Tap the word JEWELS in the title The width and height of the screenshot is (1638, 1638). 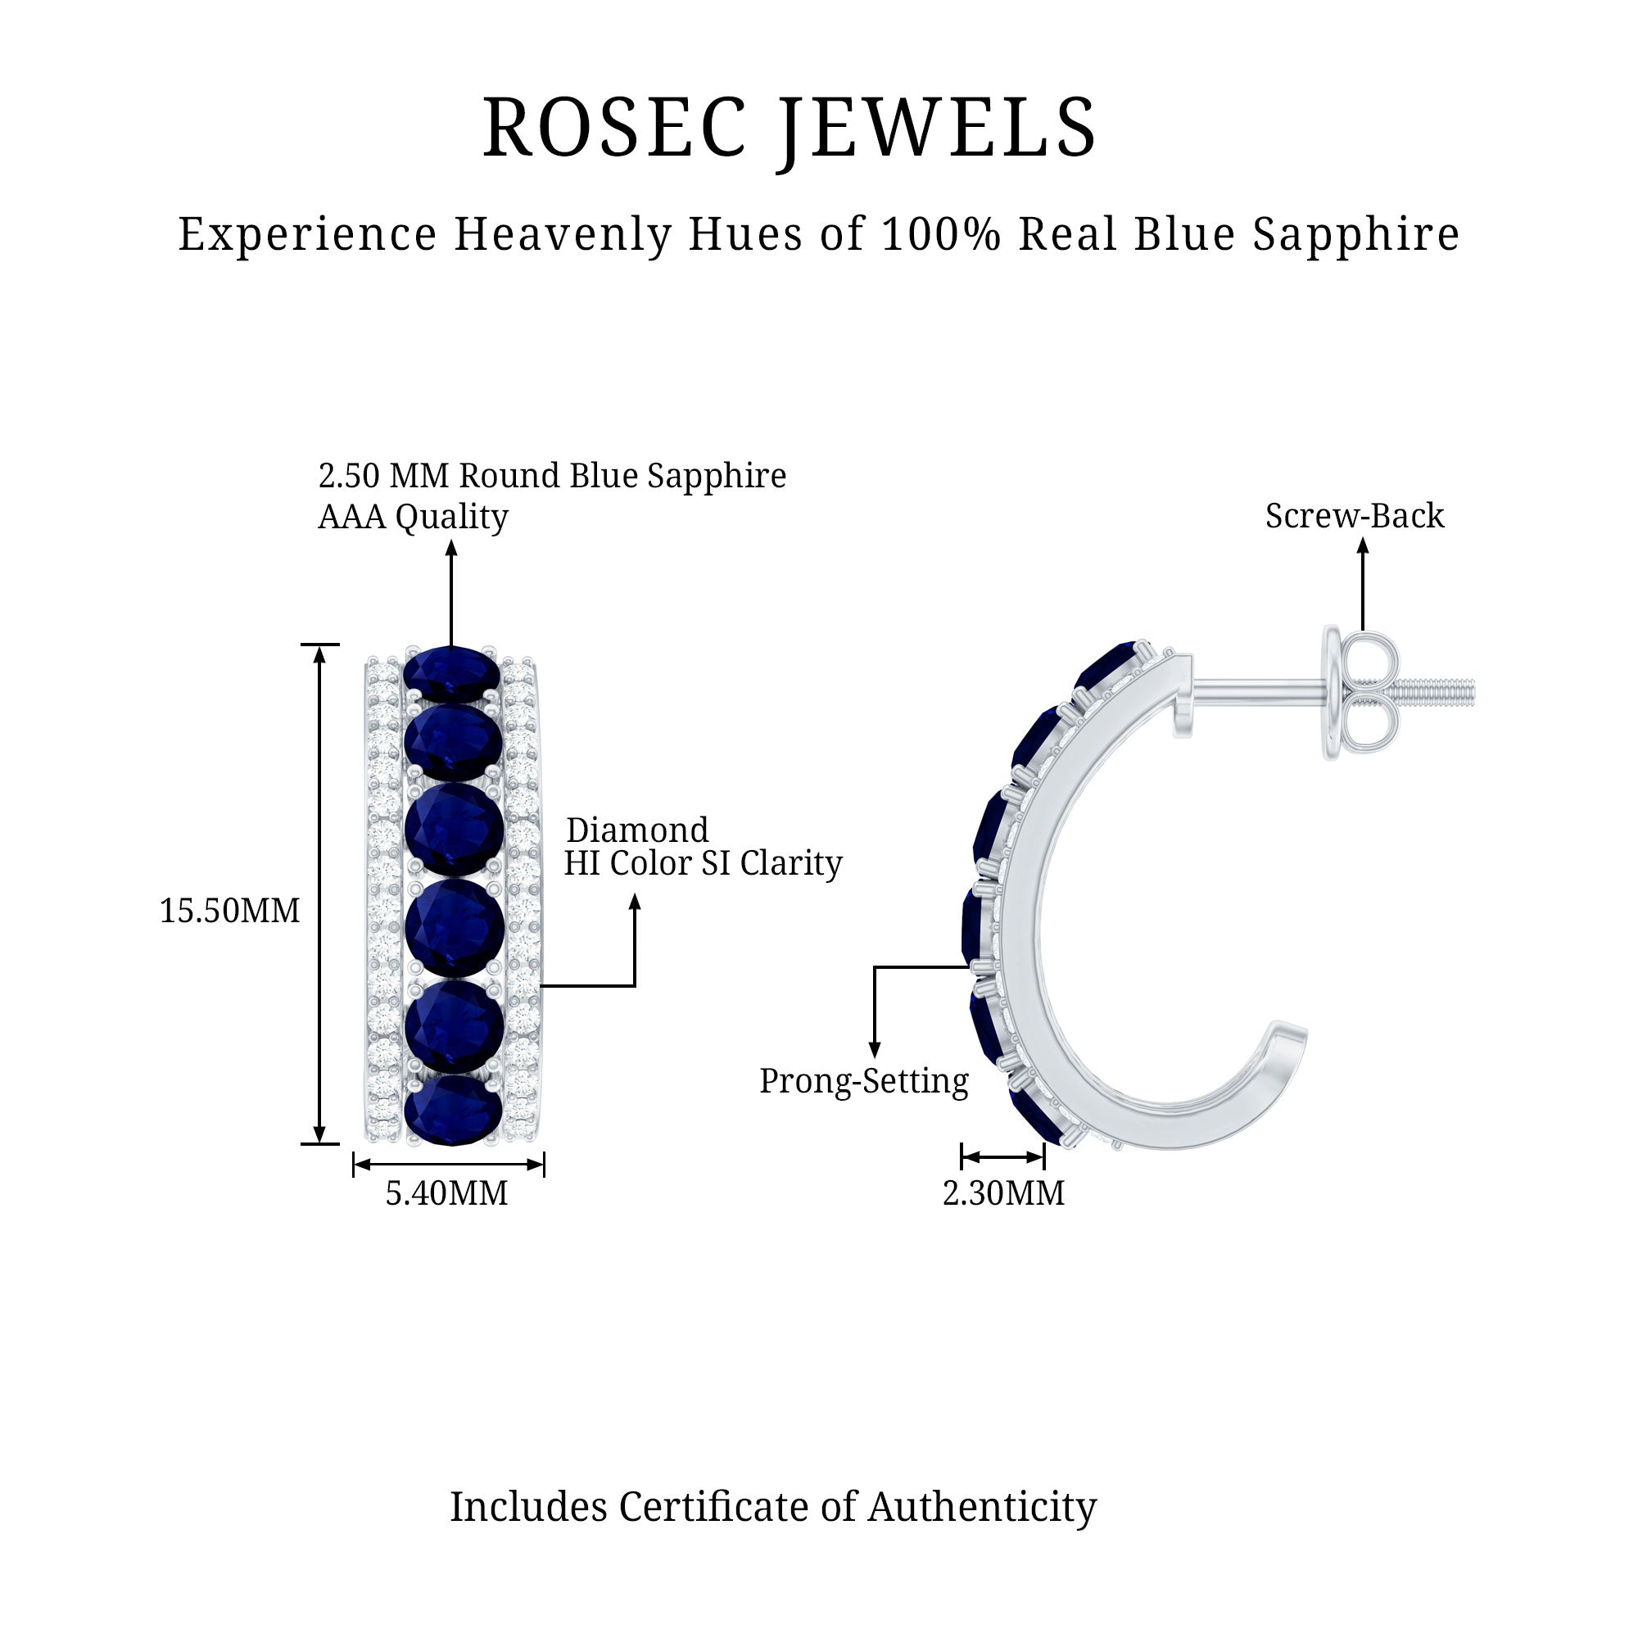(x=939, y=128)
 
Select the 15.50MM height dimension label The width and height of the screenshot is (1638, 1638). (x=230, y=912)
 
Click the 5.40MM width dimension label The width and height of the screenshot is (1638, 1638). (x=447, y=1194)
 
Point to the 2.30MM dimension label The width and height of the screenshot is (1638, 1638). (x=1003, y=1194)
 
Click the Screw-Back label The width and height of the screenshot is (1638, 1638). (x=1354, y=516)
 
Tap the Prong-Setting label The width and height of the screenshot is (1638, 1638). (x=863, y=1081)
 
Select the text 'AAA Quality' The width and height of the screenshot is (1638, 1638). (x=413, y=516)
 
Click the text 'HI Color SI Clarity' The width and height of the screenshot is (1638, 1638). (x=703, y=864)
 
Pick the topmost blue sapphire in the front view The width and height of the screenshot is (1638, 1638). (x=452, y=672)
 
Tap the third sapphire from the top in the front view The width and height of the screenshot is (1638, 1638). (x=454, y=828)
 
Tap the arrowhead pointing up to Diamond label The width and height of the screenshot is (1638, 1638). (x=634, y=902)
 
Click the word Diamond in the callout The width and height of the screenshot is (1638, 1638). (x=636, y=830)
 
